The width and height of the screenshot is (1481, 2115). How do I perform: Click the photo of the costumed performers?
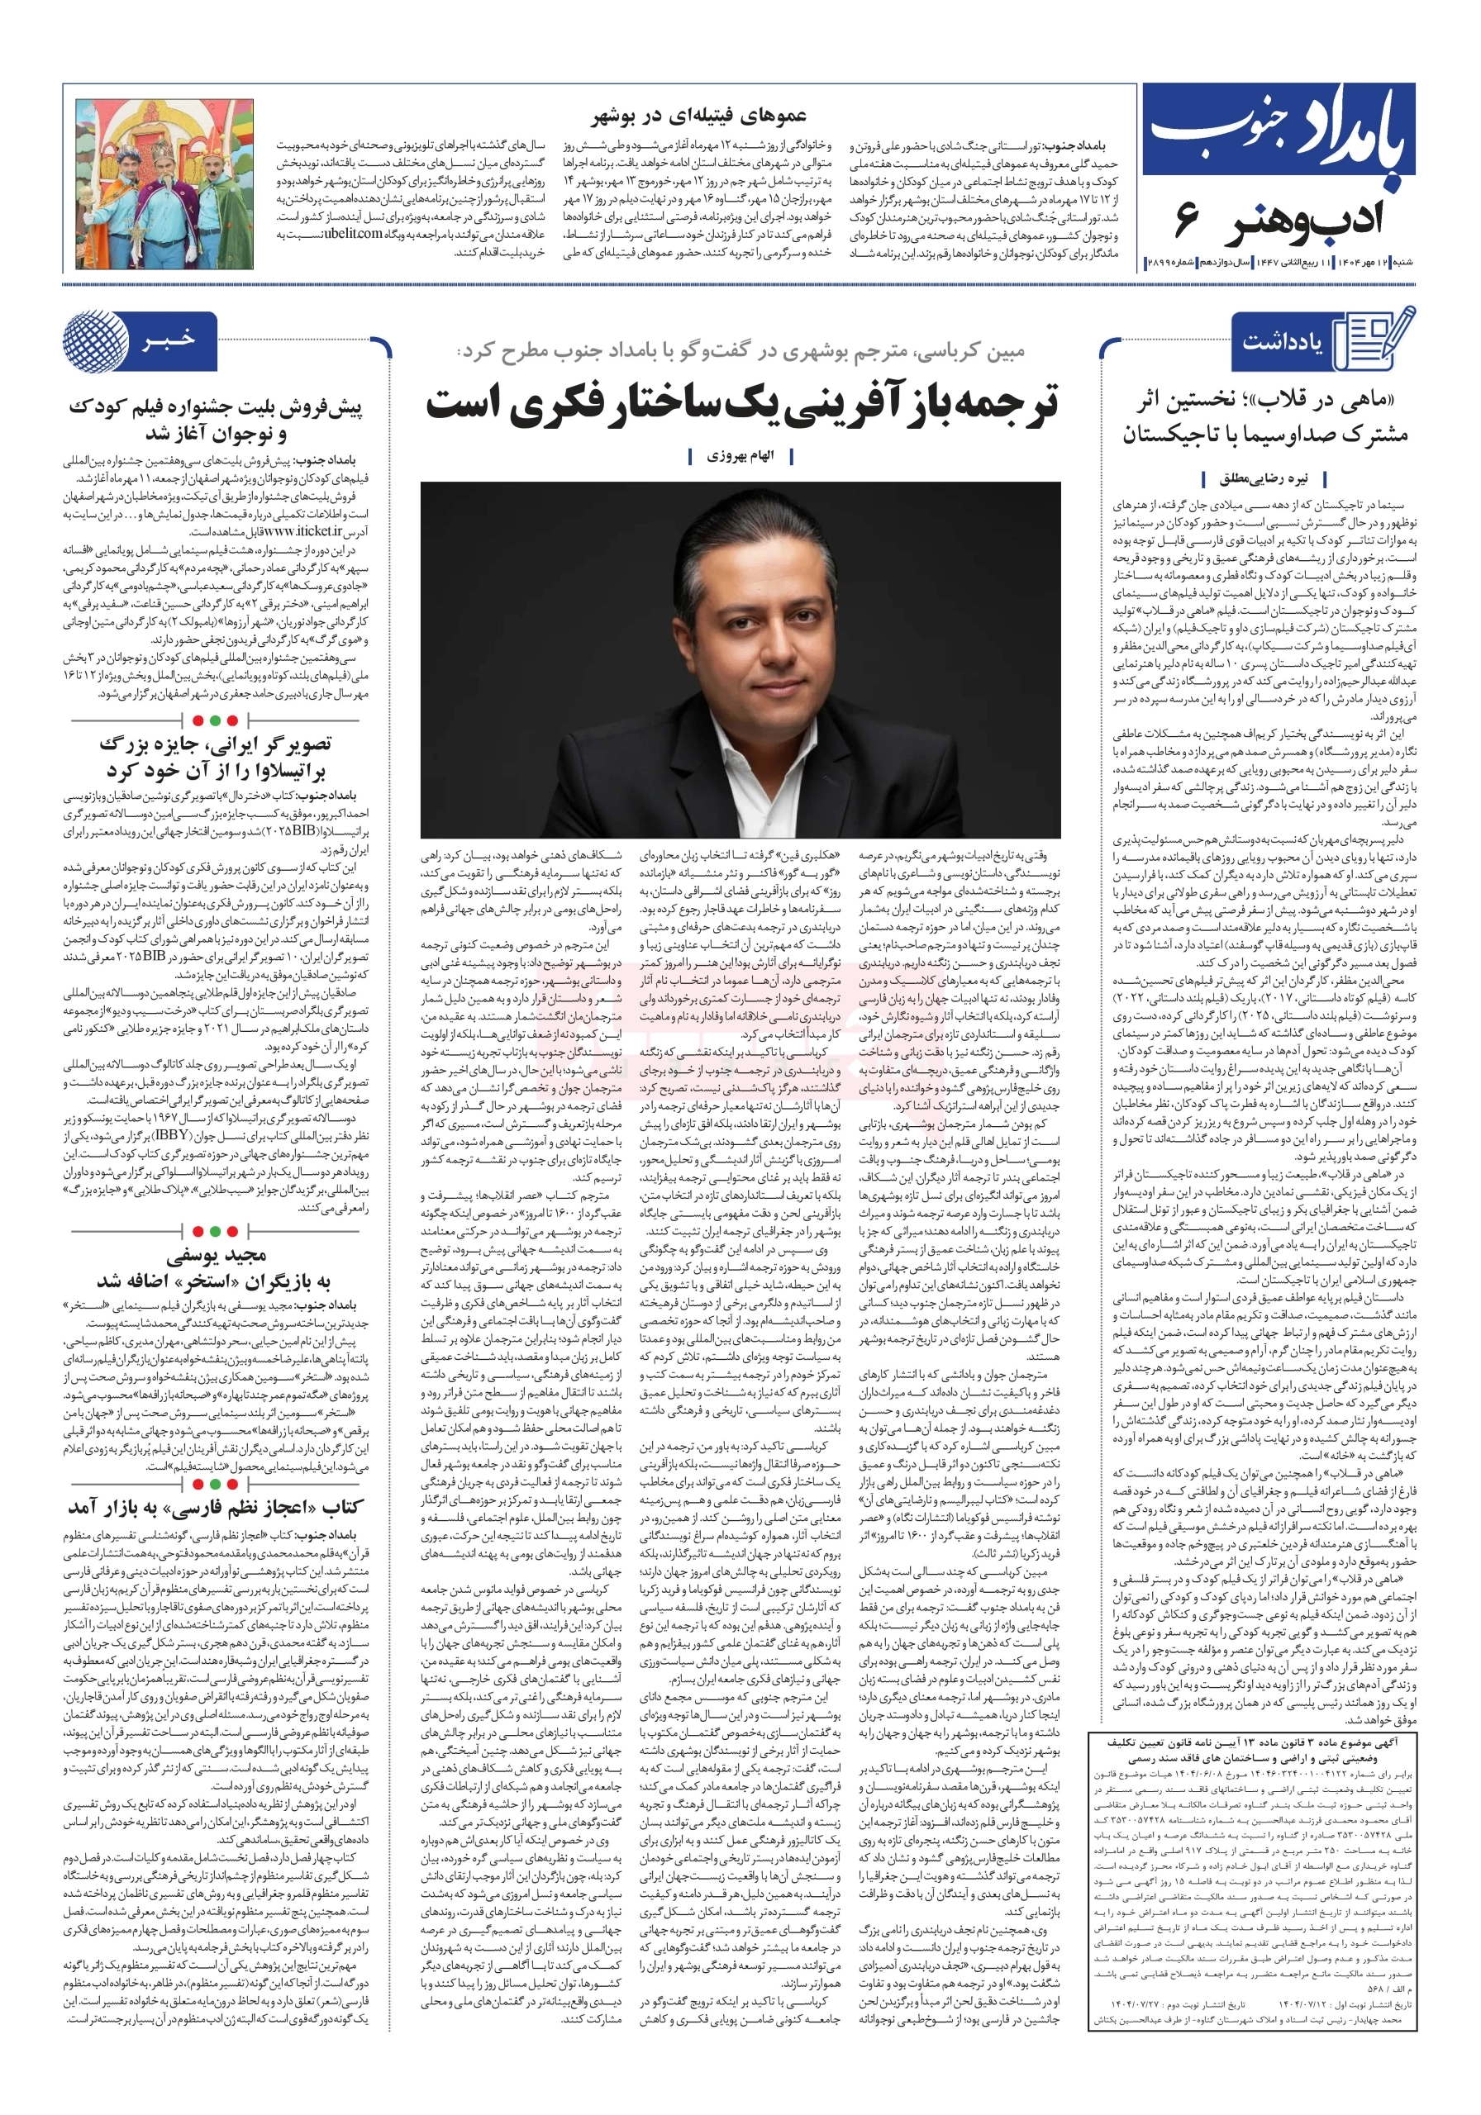coord(163,184)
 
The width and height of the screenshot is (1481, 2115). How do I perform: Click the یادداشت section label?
coord(1282,343)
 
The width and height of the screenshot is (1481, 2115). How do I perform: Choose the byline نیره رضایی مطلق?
coord(1264,478)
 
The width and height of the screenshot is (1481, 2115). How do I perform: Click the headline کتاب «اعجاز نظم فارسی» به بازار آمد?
coord(216,1507)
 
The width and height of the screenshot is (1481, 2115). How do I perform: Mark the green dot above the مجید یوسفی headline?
coord(215,1231)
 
